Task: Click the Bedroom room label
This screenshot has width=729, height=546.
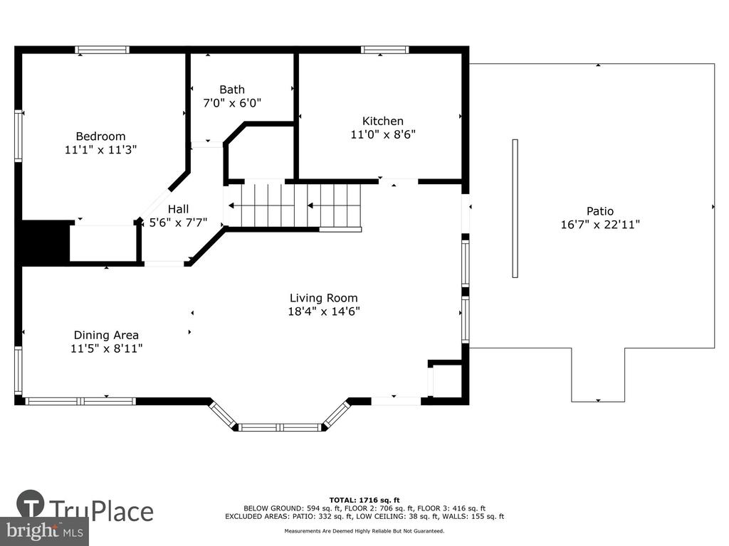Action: (x=100, y=136)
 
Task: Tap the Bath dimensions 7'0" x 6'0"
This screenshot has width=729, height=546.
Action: (x=232, y=102)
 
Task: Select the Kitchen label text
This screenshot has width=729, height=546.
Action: (x=382, y=121)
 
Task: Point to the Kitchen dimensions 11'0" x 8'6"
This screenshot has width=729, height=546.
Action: (x=382, y=134)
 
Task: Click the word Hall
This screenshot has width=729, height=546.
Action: (x=178, y=210)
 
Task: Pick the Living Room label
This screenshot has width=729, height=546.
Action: (x=324, y=298)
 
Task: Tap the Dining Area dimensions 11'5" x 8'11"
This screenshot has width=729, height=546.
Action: (x=107, y=348)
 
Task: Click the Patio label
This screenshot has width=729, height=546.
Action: (x=599, y=211)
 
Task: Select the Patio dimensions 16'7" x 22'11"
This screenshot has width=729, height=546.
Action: (x=599, y=225)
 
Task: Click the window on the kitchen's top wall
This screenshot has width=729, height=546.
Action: (x=385, y=50)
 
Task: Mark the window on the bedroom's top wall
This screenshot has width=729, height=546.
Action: (x=103, y=50)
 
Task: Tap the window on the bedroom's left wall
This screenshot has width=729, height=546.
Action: (x=19, y=136)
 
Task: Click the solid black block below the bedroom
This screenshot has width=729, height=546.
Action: (x=46, y=243)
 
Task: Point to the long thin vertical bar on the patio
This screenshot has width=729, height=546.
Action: (x=515, y=208)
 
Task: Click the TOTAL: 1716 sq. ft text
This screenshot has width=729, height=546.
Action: (x=364, y=500)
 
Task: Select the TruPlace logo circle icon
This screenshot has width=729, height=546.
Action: (x=30, y=503)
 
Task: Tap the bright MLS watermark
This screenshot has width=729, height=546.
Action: (x=45, y=531)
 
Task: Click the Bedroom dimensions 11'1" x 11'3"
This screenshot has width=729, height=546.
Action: (x=100, y=149)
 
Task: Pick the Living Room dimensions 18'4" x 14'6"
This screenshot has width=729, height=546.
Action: (x=324, y=311)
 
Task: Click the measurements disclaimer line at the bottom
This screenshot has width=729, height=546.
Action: (x=364, y=531)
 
